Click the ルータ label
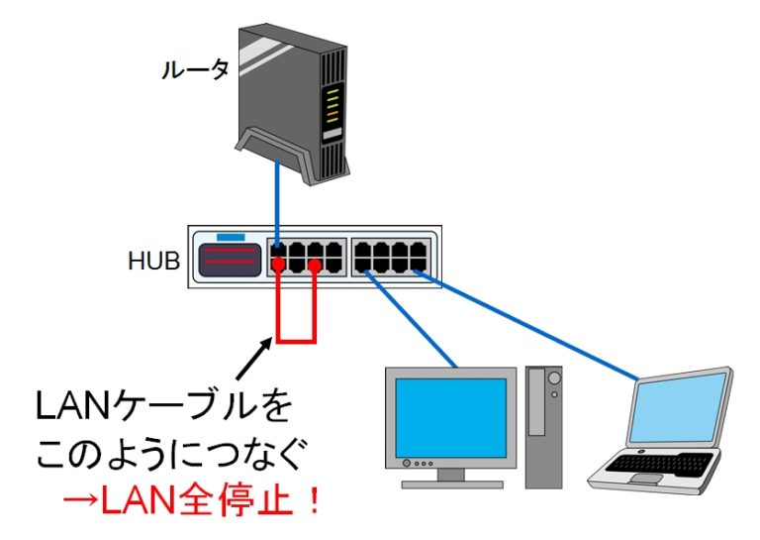[196, 69]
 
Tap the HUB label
[153, 263]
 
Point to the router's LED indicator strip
[333, 105]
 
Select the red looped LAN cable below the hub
[297, 342]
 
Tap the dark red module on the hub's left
[230, 262]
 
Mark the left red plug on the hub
[280, 265]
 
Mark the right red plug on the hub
[315, 265]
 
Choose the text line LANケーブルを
[163, 405]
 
